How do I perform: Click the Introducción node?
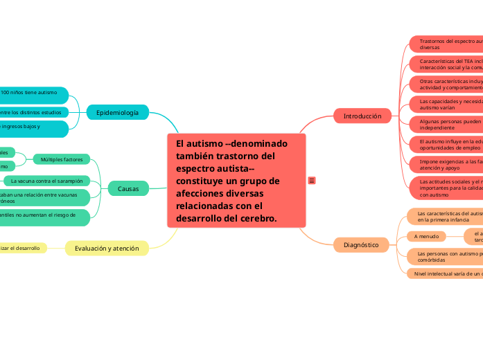click(x=362, y=116)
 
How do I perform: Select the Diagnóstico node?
click(x=361, y=244)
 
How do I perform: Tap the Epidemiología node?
click(x=117, y=112)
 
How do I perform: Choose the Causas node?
click(x=128, y=188)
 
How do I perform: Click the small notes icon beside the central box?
click(x=312, y=181)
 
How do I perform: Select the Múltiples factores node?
click(x=62, y=159)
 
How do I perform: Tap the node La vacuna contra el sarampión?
click(x=47, y=181)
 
